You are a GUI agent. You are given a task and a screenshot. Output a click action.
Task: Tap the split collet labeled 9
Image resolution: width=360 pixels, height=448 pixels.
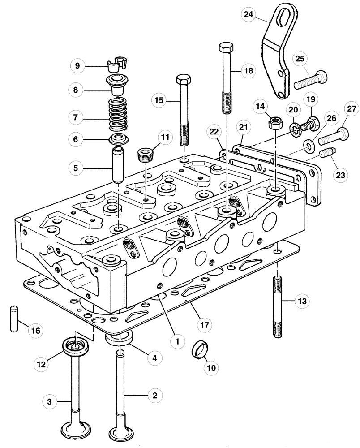coord(116,65)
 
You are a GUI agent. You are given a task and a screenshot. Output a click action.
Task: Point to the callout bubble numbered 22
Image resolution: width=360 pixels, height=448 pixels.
coord(214,132)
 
